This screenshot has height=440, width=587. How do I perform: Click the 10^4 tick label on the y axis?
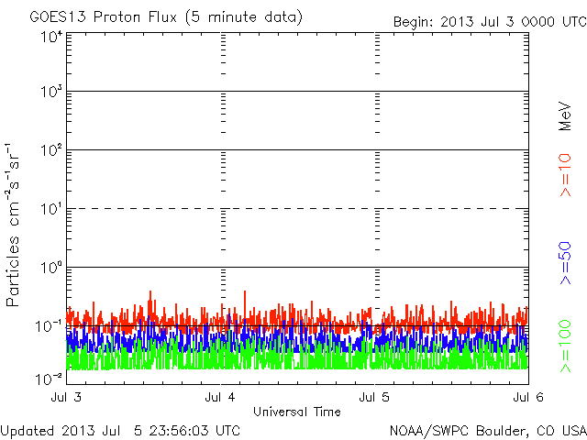coord(51,38)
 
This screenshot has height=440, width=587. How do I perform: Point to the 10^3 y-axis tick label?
coord(51,93)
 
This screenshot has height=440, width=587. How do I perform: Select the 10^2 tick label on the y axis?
coord(51,150)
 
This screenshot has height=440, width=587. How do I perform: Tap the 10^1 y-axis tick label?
coord(51,209)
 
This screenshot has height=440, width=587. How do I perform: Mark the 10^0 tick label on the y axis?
coord(51,268)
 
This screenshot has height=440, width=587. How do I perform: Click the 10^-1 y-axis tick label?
coord(50,325)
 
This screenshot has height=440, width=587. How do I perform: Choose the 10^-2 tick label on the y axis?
coord(50,378)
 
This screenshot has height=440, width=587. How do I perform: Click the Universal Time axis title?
coord(297,412)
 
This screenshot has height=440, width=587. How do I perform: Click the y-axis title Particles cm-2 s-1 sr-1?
coord(15,225)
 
